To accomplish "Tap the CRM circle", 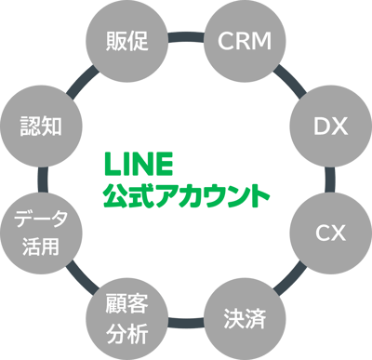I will (244, 41).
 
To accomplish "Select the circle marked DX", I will (328, 126).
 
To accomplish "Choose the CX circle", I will (328, 232).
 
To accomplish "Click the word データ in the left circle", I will (41, 221).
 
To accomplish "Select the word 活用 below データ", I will (41, 247).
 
